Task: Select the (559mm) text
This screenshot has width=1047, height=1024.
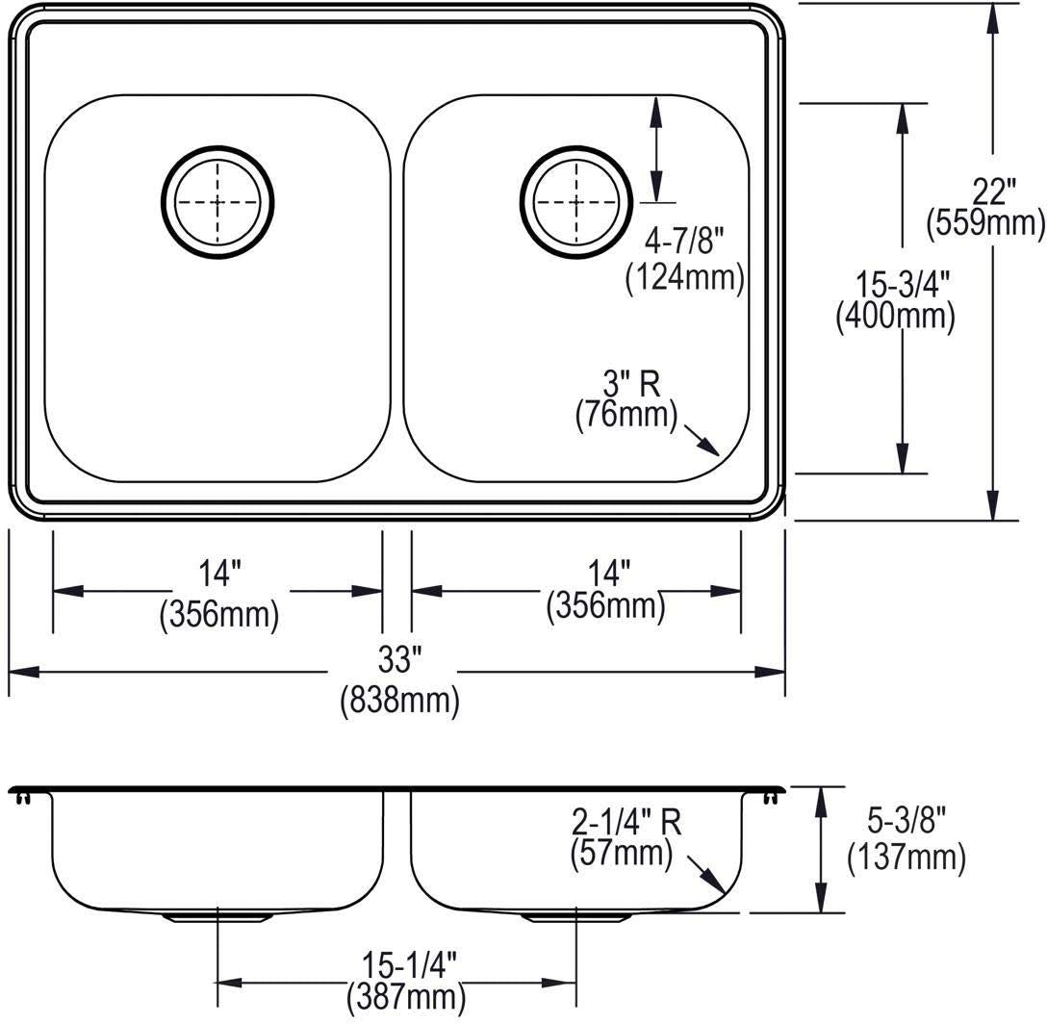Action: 985,222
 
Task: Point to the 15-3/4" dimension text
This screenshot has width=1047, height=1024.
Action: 903,285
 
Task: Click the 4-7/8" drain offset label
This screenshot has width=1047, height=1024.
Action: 684,240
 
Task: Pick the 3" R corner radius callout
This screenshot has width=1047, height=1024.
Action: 631,384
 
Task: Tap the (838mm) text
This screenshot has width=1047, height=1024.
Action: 400,702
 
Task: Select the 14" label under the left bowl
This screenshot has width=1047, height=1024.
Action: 219,574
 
